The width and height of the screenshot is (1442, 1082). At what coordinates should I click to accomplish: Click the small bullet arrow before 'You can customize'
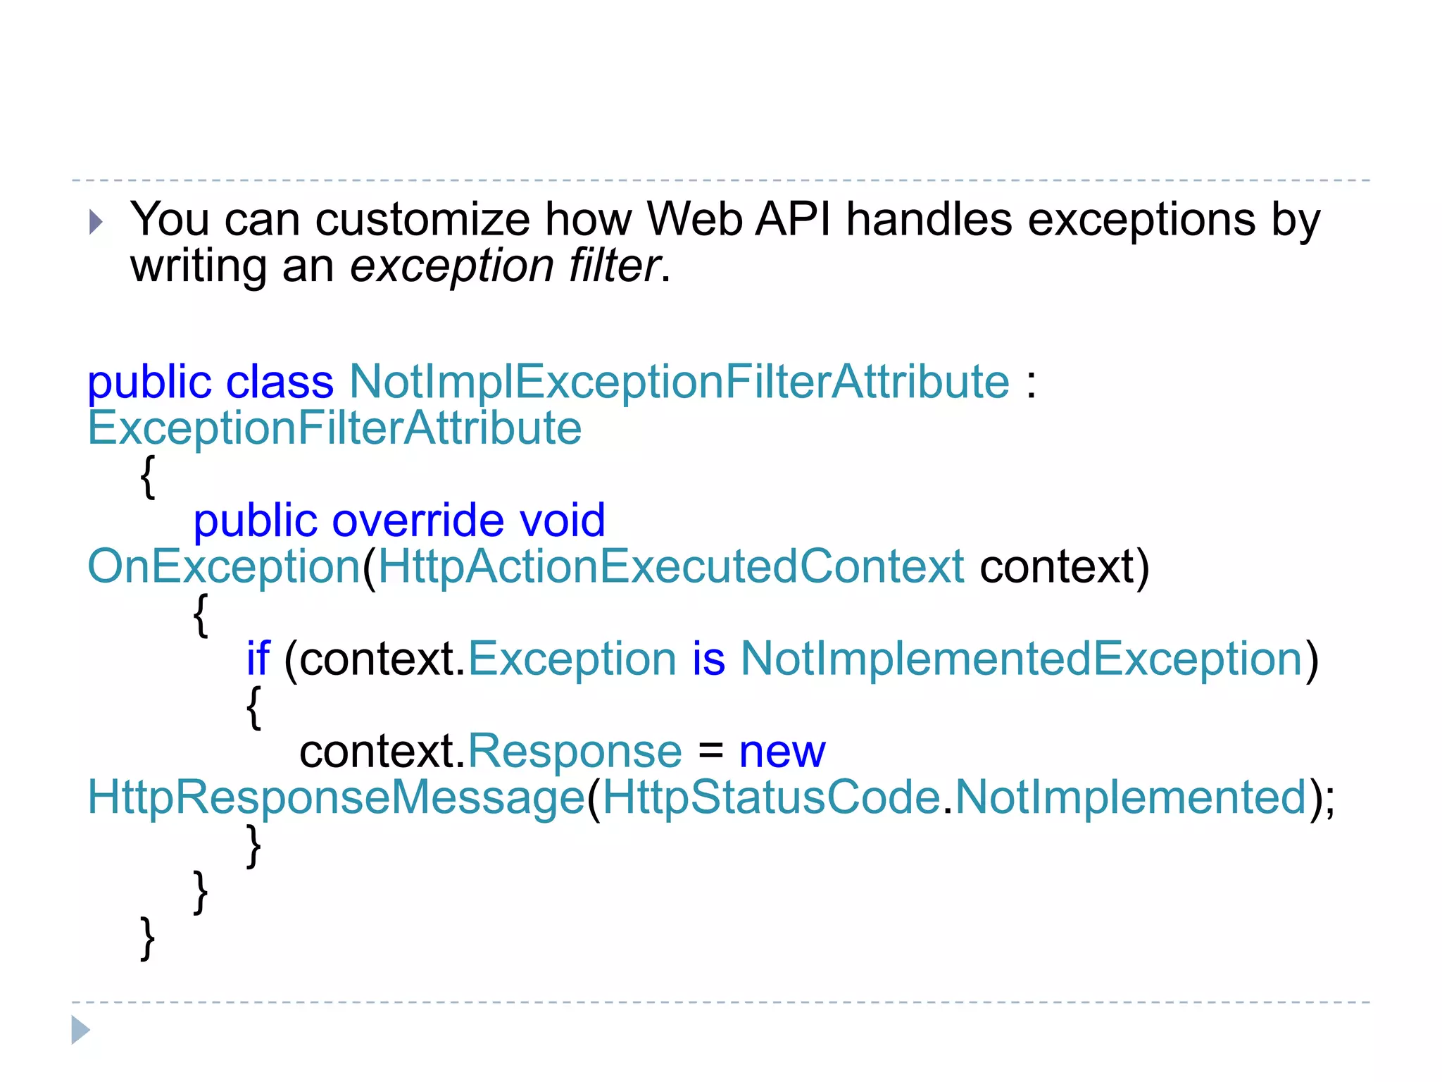[x=96, y=223]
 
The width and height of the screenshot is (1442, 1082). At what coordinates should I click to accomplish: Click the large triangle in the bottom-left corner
[x=80, y=1030]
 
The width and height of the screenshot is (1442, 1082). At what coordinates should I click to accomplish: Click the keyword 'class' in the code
[x=280, y=383]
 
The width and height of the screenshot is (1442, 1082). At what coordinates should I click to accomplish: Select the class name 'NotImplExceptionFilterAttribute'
[x=679, y=383]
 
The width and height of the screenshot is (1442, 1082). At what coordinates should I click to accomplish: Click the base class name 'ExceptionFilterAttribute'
[x=334, y=428]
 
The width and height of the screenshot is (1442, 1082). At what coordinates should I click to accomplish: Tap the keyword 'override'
[x=418, y=521]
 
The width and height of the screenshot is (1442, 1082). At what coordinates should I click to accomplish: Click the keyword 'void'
[x=562, y=521]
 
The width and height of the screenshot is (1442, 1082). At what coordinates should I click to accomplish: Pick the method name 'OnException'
[x=224, y=567]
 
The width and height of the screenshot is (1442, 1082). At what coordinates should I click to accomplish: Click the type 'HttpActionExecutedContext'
[x=670, y=567]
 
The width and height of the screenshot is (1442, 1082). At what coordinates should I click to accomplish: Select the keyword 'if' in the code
[x=258, y=659]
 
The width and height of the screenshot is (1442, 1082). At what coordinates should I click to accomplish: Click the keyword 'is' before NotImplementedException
[x=708, y=659]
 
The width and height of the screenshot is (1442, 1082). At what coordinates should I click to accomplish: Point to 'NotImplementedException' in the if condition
[x=1022, y=659]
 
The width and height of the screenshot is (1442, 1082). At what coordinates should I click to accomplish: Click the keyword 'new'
[x=782, y=752]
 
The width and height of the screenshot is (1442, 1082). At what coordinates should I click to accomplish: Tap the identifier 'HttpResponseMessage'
[x=336, y=798]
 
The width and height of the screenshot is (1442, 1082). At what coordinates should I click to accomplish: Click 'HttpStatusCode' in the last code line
[x=772, y=798]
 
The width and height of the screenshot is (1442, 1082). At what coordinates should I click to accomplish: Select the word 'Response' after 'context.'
[x=575, y=752]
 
